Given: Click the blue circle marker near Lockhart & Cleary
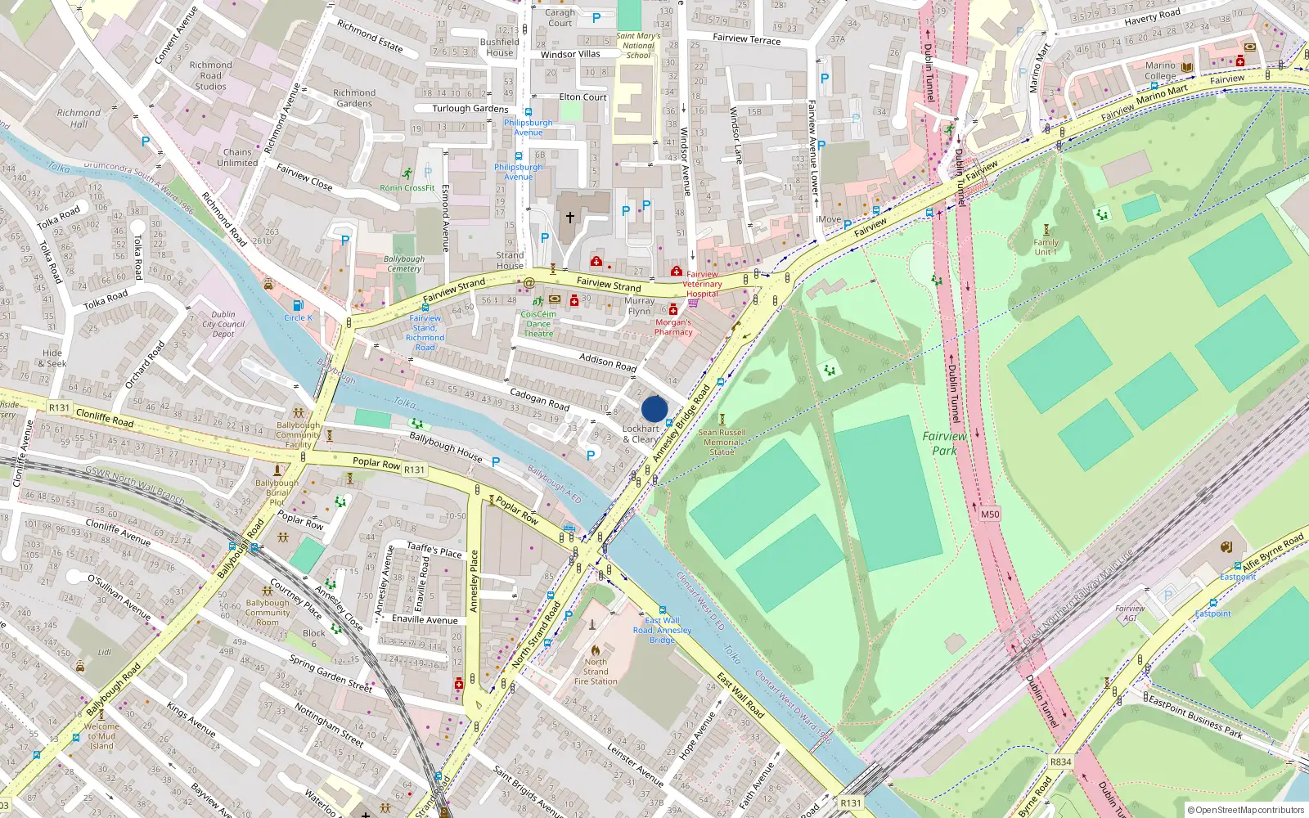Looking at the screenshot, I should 654,409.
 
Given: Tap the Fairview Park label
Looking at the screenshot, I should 944,443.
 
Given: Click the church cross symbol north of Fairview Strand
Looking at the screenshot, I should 570,218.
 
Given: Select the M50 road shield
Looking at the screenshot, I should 990,515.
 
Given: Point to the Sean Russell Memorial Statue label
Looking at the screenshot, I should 722,442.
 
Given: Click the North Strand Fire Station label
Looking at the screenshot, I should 596,672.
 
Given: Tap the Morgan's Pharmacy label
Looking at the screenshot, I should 673,327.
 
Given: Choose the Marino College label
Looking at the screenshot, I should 1160,70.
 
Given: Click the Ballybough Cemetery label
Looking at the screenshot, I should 404,263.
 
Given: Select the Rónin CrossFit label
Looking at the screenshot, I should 407,188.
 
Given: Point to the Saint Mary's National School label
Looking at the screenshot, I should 638,46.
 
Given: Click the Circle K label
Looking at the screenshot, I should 298,317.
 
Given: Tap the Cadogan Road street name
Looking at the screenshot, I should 539,399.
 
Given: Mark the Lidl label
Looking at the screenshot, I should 105,652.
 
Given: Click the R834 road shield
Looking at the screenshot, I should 1060,762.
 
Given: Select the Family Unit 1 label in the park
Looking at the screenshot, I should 1046,247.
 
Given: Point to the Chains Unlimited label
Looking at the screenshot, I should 237,157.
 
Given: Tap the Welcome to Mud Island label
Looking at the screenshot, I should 101,736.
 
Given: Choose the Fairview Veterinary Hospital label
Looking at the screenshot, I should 702,284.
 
